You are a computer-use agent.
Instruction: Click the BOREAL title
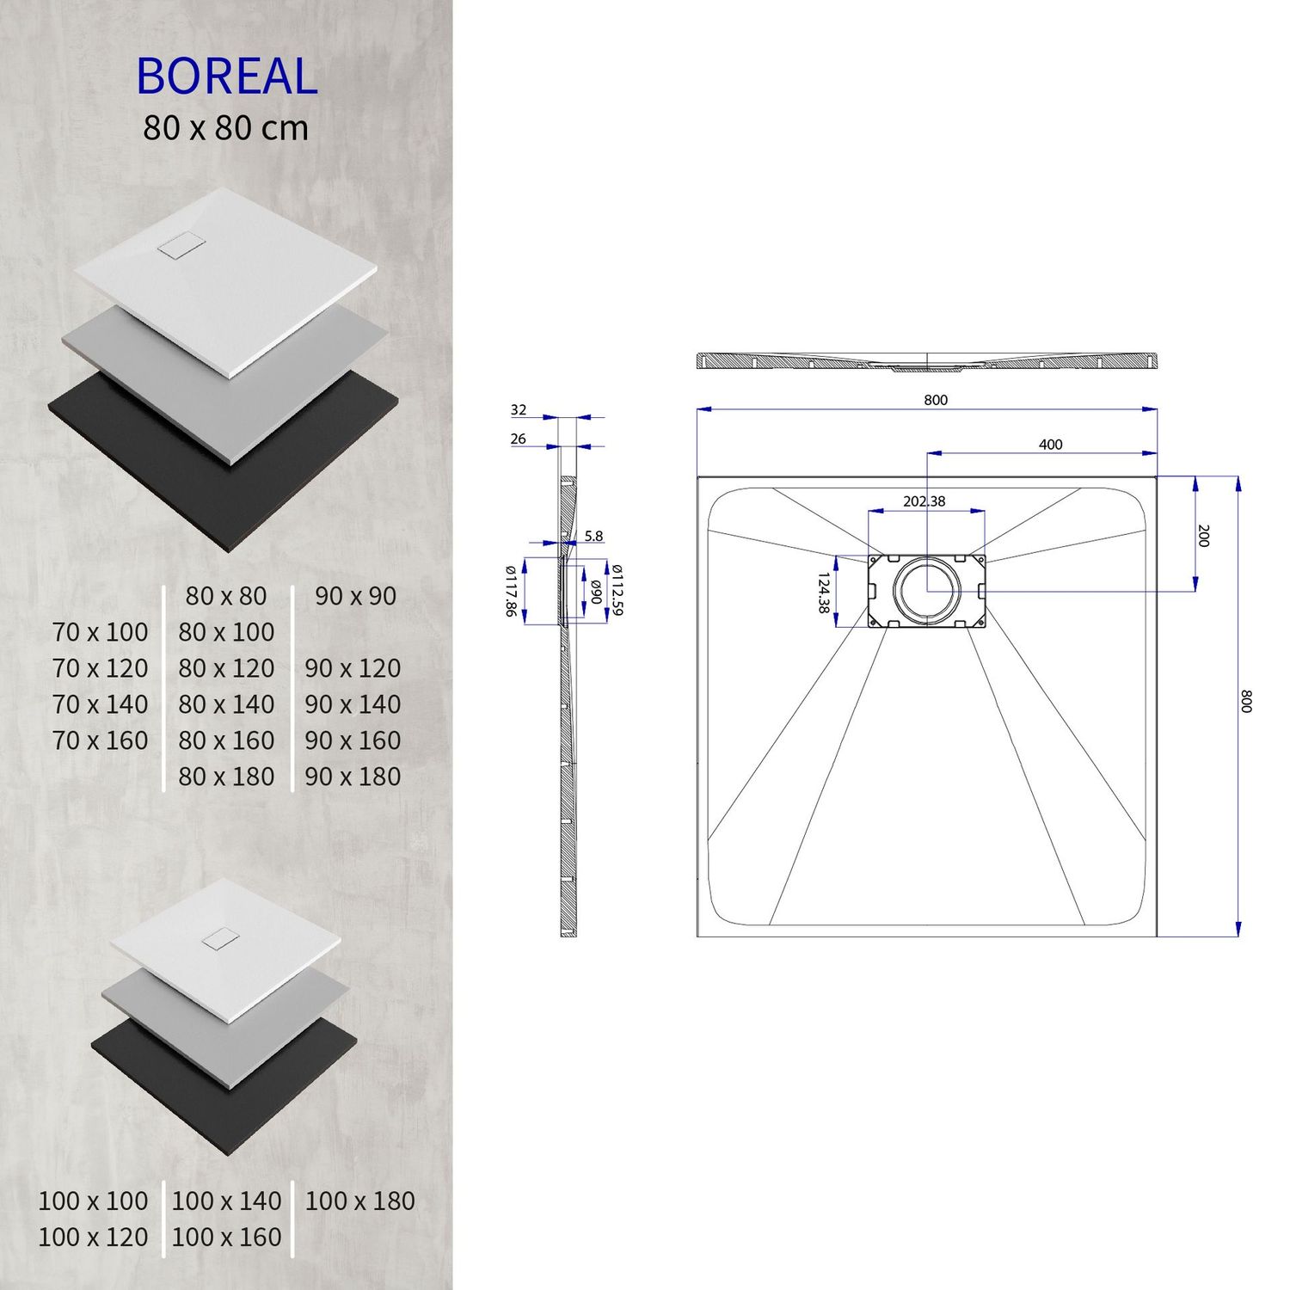[226, 77]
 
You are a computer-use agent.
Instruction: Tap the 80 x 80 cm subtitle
[225, 128]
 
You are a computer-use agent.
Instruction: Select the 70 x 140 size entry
[100, 704]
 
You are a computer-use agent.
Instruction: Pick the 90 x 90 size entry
[355, 596]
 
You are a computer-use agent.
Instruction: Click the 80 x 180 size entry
[226, 777]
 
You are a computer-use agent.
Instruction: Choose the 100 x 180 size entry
[359, 1201]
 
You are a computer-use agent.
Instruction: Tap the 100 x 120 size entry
[93, 1237]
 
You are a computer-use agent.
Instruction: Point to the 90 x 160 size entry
[353, 740]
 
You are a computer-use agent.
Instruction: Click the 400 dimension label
[1050, 445]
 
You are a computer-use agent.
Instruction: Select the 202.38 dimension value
[924, 501]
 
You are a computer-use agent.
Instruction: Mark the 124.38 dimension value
[824, 593]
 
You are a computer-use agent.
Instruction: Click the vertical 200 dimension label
[1203, 535]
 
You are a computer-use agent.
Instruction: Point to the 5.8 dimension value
[593, 536]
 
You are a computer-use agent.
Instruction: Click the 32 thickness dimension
[518, 410]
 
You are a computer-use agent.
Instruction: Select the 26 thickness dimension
[518, 439]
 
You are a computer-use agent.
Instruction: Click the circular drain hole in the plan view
[926, 590]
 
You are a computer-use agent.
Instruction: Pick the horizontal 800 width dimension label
[936, 400]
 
